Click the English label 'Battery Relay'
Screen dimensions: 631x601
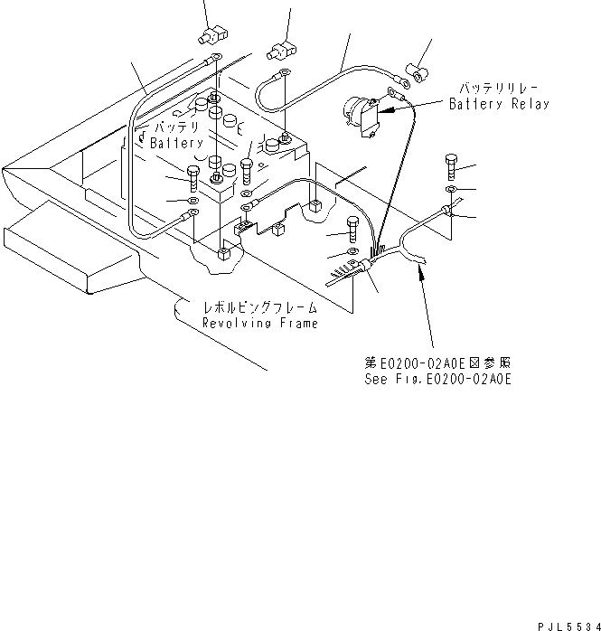click(x=499, y=104)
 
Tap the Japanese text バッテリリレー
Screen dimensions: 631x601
click(x=499, y=89)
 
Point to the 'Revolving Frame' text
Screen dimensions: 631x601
click(x=259, y=323)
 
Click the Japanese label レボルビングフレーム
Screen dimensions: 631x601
click(x=259, y=308)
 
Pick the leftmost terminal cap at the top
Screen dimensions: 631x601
click(x=210, y=37)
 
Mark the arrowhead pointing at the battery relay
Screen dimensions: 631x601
click(x=382, y=111)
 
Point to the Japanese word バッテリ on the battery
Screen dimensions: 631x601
click(x=172, y=127)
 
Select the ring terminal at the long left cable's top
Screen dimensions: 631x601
click(x=215, y=61)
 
